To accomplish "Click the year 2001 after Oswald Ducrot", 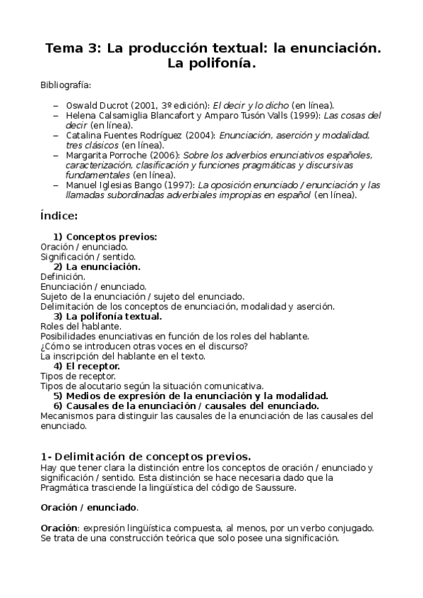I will pyautogui.click(x=152, y=104).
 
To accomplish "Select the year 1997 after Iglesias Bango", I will pyautogui.click(x=178, y=185).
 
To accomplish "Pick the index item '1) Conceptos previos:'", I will pyautogui.click(x=105, y=237).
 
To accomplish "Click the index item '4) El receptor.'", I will pyautogui.click(x=87, y=366).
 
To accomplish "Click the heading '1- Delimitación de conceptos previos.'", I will pyautogui.click(x=146, y=456).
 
